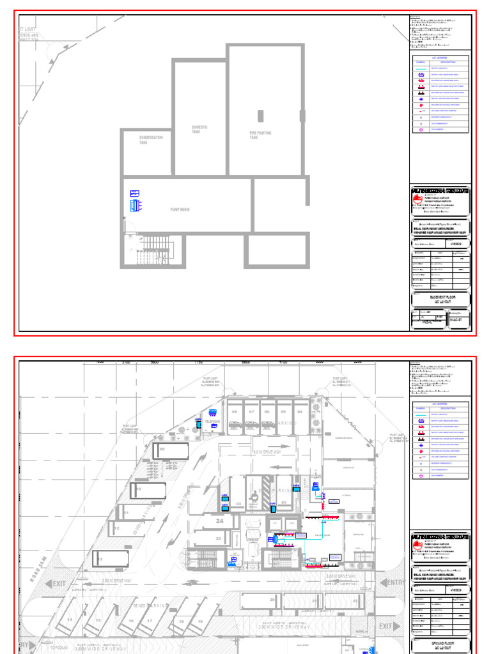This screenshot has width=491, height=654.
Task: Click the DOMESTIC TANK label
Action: [x=200, y=129]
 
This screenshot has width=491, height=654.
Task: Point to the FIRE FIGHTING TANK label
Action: [x=260, y=135]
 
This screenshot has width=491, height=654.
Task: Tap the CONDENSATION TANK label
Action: [x=151, y=140]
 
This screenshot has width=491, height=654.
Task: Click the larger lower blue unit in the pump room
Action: [x=135, y=205]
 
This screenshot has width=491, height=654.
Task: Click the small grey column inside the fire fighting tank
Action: [x=260, y=116]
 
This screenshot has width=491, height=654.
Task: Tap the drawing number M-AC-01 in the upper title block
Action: [x=455, y=319]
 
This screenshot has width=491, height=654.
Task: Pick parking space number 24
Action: [x=219, y=522]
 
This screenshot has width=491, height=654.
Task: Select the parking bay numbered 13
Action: [x=101, y=559]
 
